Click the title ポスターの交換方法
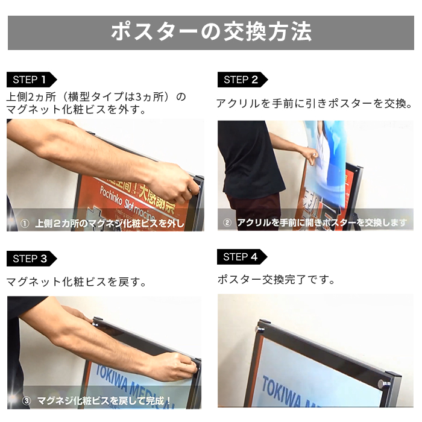pyautogui.click(x=211, y=31)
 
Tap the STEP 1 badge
pyautogui.click(x=30, y=79)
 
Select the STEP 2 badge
pyautogui.click(x=241, y=80)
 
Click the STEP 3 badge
pyautogui.click(x=30, y=259)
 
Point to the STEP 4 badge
pyautogui.click(x=241, y=257)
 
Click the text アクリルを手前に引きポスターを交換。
pyautogui.click(x=314, y=104)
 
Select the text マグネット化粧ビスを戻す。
pyautogui.click(x=77, y=282)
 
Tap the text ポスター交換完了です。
pyautogui.click(x=276, y=280)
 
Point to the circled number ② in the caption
pyautogui.click(x=227, y=222)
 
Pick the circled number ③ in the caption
pyautogui.click(x=27, y=400)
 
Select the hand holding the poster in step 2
pyautogui.click(x=310, y=157)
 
